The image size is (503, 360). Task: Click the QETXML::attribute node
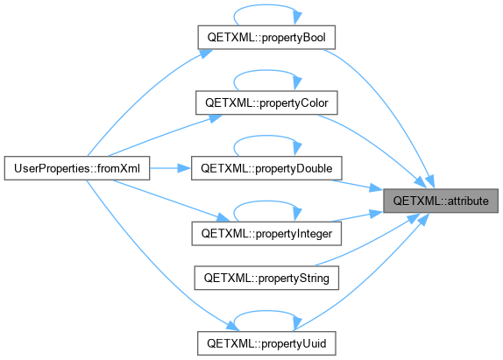[441, 201]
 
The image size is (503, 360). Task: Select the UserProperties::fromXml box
[77, 168]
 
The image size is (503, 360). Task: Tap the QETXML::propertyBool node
[266, 37]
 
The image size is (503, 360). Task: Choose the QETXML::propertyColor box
[266, 102]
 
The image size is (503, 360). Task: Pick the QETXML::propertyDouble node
[266, 168]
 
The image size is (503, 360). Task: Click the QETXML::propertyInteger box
[266, 233]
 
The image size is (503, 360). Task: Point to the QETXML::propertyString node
[266, 278]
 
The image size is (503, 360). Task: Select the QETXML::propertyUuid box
[266, 343]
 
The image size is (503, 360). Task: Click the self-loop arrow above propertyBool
[266, 5]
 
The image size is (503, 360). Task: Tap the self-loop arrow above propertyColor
[266, 71]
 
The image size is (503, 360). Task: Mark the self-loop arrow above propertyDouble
[266, 136]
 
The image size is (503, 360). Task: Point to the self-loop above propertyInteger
[266, 201]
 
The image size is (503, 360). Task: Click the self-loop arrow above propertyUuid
[266, 311]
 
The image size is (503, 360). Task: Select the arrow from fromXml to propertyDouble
[170, 168]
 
